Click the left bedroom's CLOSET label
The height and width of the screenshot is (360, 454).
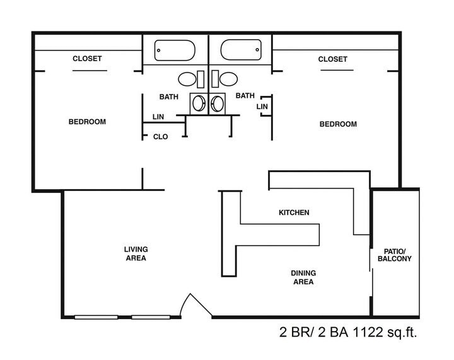(87, 59)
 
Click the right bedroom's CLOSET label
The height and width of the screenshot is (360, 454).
(332, 59)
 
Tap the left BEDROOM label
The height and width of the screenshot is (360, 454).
(87, 122)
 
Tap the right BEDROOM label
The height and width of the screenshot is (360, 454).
(338, 124)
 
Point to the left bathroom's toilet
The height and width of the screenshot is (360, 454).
(187, 79)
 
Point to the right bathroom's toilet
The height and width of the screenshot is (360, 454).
(229, 79)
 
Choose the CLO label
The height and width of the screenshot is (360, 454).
(160, 137)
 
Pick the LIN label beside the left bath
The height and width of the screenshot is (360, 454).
(159, 117)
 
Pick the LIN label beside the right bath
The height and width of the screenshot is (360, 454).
(262, 107)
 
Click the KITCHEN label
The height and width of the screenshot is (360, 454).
(294, 212)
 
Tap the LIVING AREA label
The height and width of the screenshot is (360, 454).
(136, 253)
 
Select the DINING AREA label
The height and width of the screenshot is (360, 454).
(303, 277)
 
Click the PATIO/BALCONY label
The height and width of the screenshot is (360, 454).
(394, 255)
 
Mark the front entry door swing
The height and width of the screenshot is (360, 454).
(195, 306)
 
